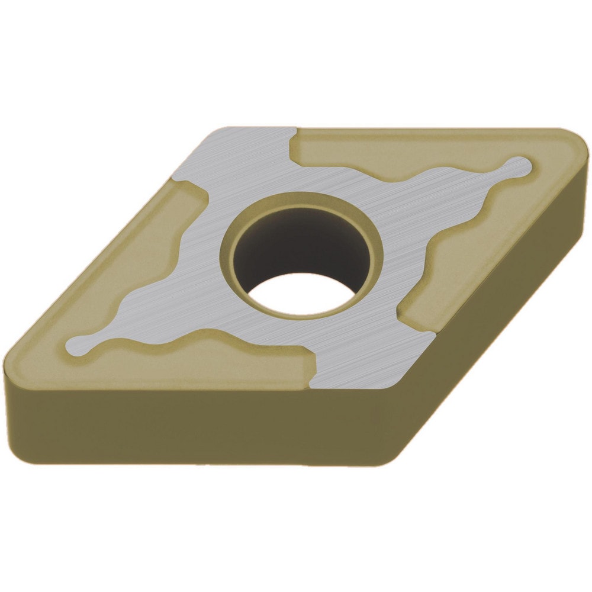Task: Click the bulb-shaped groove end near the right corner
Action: click(518, 166)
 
